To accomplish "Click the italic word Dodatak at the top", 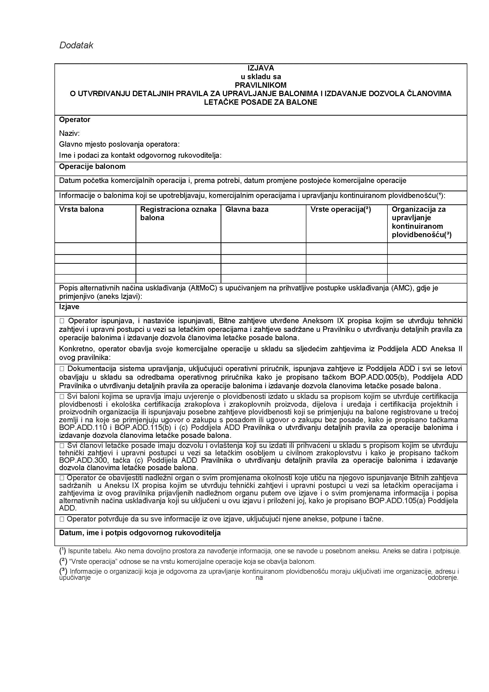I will pyautogui.click(x=76, y=45).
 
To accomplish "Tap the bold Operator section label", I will pyautogui.click(x=74, y=120).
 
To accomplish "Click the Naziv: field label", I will pyautogui.click(x=69, y=133).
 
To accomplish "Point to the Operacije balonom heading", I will pyautogui.click(x=92, y=167).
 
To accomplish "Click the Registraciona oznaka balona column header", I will pyautogui.click(x=178, y=213).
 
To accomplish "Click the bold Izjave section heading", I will pyautogui.click(x=69, y=307).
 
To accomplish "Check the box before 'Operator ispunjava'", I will pyautogui.click(x=62, y=321).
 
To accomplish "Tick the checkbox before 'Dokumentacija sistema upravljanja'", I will pyautogui.click(x=62, y=369).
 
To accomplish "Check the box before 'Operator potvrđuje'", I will pyautogui.click(x=62, y=519).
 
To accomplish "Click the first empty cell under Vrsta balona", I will pyautogui.click(x=95, y=249).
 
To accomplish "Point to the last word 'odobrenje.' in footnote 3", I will pyautogui.click(x=443, y=578).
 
